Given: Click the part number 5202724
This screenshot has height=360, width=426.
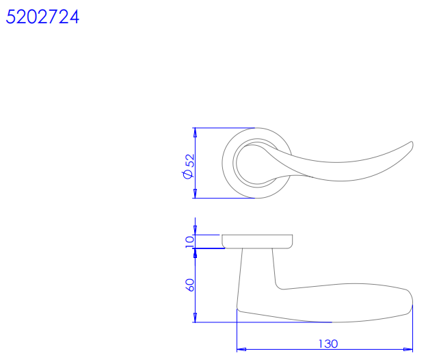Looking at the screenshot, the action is coord(42,17).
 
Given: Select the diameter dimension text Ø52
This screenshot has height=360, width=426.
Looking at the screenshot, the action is coord(188,166).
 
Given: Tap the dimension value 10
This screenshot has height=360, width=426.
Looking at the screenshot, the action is coord(189,242).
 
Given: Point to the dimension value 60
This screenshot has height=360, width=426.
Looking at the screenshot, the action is coord(190,285).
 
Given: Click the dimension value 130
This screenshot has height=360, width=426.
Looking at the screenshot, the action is coord(328,344).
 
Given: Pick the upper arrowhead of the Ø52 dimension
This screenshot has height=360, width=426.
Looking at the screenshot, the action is coord(195,132).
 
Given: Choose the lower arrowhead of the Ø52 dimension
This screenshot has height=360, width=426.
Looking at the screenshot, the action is coord(195,194).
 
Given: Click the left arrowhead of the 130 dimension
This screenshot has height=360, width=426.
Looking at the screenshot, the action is coord(241,350).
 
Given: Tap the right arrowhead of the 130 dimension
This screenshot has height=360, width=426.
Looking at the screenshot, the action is coord(408,350).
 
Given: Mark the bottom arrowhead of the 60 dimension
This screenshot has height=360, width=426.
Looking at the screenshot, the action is coord(195,318).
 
